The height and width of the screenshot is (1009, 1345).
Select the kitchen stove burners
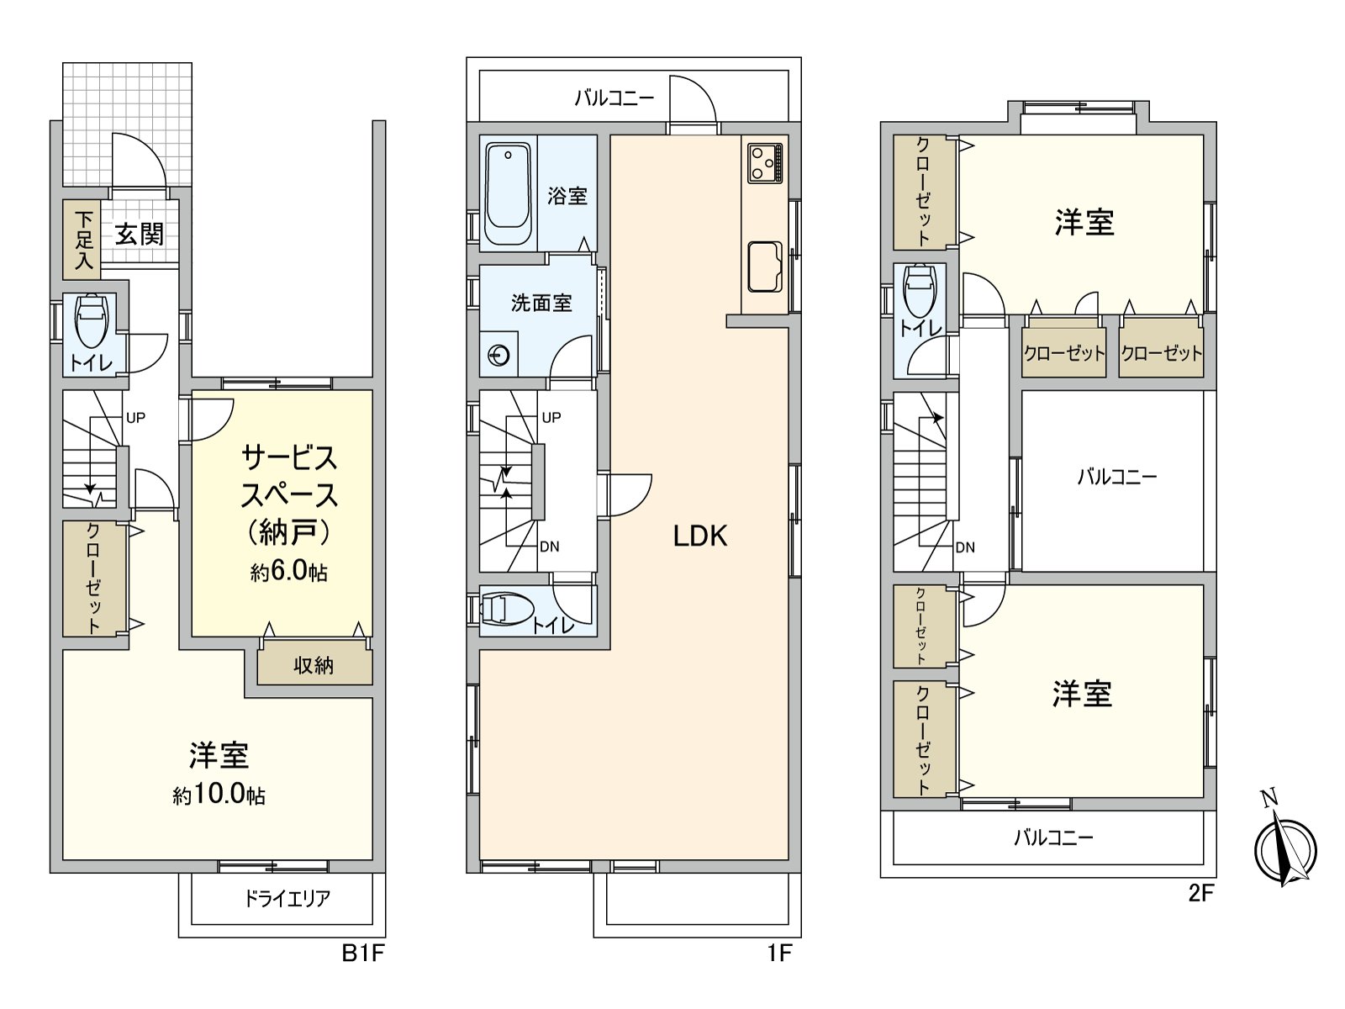[766, 162]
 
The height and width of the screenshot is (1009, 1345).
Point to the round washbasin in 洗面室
[498, 356]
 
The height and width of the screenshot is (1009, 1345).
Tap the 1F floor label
[779, 953]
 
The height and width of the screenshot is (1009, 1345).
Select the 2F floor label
[1201, 893]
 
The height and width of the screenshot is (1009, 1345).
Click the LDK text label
[699, 536]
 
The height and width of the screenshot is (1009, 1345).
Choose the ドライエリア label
[287, 899]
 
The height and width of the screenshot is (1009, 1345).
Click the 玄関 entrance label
[140, 234]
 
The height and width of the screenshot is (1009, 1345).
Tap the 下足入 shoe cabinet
[82, 240]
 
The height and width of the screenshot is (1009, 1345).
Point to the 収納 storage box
[314, 666]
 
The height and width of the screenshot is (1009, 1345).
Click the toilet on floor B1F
[91, 322]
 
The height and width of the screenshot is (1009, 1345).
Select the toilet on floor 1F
[507, 609]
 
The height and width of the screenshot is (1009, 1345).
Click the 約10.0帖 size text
[219, 795]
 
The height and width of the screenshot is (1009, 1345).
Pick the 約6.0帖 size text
[288, 572]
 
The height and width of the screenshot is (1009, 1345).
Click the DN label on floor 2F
[965, 547]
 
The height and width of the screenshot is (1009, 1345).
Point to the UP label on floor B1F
[135, 418]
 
